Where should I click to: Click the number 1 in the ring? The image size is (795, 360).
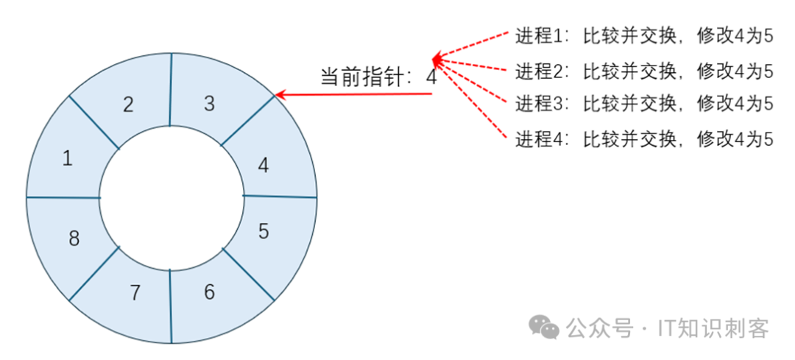coord(68,158)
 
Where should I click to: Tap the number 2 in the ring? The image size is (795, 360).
coord(128,105)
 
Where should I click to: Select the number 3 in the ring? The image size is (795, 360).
coord(209,104)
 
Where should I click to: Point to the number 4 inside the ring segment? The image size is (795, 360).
coord(263,166)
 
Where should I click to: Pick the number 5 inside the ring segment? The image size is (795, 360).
coord(264,231)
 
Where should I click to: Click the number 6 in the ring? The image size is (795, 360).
coord(209,292)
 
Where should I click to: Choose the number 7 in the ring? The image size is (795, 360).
coord(135,292)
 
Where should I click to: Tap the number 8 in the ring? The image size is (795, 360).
coord(74,239)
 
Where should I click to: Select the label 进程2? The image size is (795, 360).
coord(539,71)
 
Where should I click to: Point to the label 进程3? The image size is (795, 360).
coord(539,104)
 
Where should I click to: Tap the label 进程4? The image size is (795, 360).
coord(539,138)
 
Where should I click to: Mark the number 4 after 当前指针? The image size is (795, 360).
coord(431,77)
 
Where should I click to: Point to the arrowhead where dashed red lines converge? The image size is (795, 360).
coord(437,59)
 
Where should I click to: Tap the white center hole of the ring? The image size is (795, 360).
coord(172,197)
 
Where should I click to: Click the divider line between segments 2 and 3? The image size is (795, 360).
coord(171,88)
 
